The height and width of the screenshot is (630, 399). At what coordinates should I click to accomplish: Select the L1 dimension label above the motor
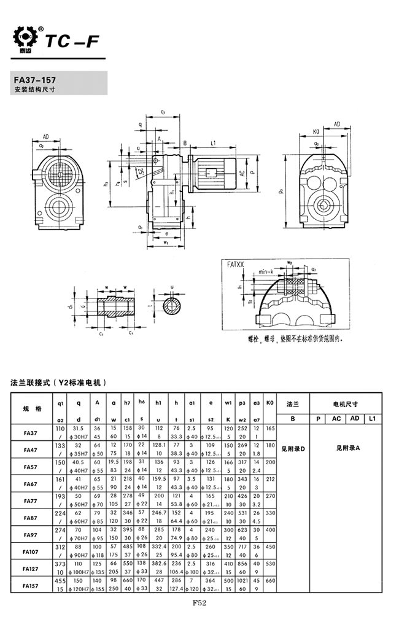(212, 143)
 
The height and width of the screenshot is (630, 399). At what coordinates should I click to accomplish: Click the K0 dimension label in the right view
(315, 131)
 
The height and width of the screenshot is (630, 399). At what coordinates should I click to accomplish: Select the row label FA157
(31, 586)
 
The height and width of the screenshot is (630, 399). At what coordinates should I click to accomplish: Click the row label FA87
(31, 518)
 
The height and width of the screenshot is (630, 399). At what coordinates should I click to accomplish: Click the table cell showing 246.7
(158, 513)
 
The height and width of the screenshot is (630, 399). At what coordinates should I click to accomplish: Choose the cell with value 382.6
(158, 564)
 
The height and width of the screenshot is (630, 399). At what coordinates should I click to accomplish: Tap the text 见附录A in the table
(347, 448)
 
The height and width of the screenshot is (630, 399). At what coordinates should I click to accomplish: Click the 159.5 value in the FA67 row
(158, 478)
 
